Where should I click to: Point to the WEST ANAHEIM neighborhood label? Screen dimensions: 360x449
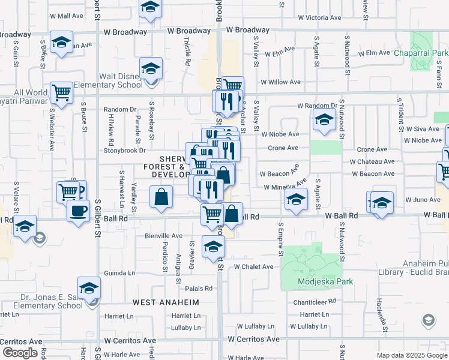[166, 302]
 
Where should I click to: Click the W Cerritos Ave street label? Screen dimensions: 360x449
[254, 339]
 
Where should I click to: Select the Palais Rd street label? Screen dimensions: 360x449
[200, 288]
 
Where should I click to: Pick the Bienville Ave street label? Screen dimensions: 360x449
[163, 236]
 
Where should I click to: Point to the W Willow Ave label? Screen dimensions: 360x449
[280, 82]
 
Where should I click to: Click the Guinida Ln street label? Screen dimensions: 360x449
[119, 272]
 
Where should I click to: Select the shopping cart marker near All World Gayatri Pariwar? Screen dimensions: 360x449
[61, 92]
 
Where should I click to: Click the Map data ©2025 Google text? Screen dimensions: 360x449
[412, 355]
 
